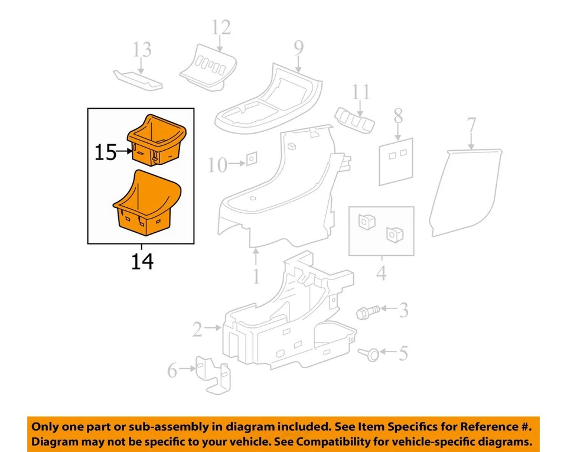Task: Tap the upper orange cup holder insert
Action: (157, 139)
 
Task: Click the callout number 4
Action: (381, 274)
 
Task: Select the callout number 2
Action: (197, 329)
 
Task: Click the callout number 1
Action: (255, 276)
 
